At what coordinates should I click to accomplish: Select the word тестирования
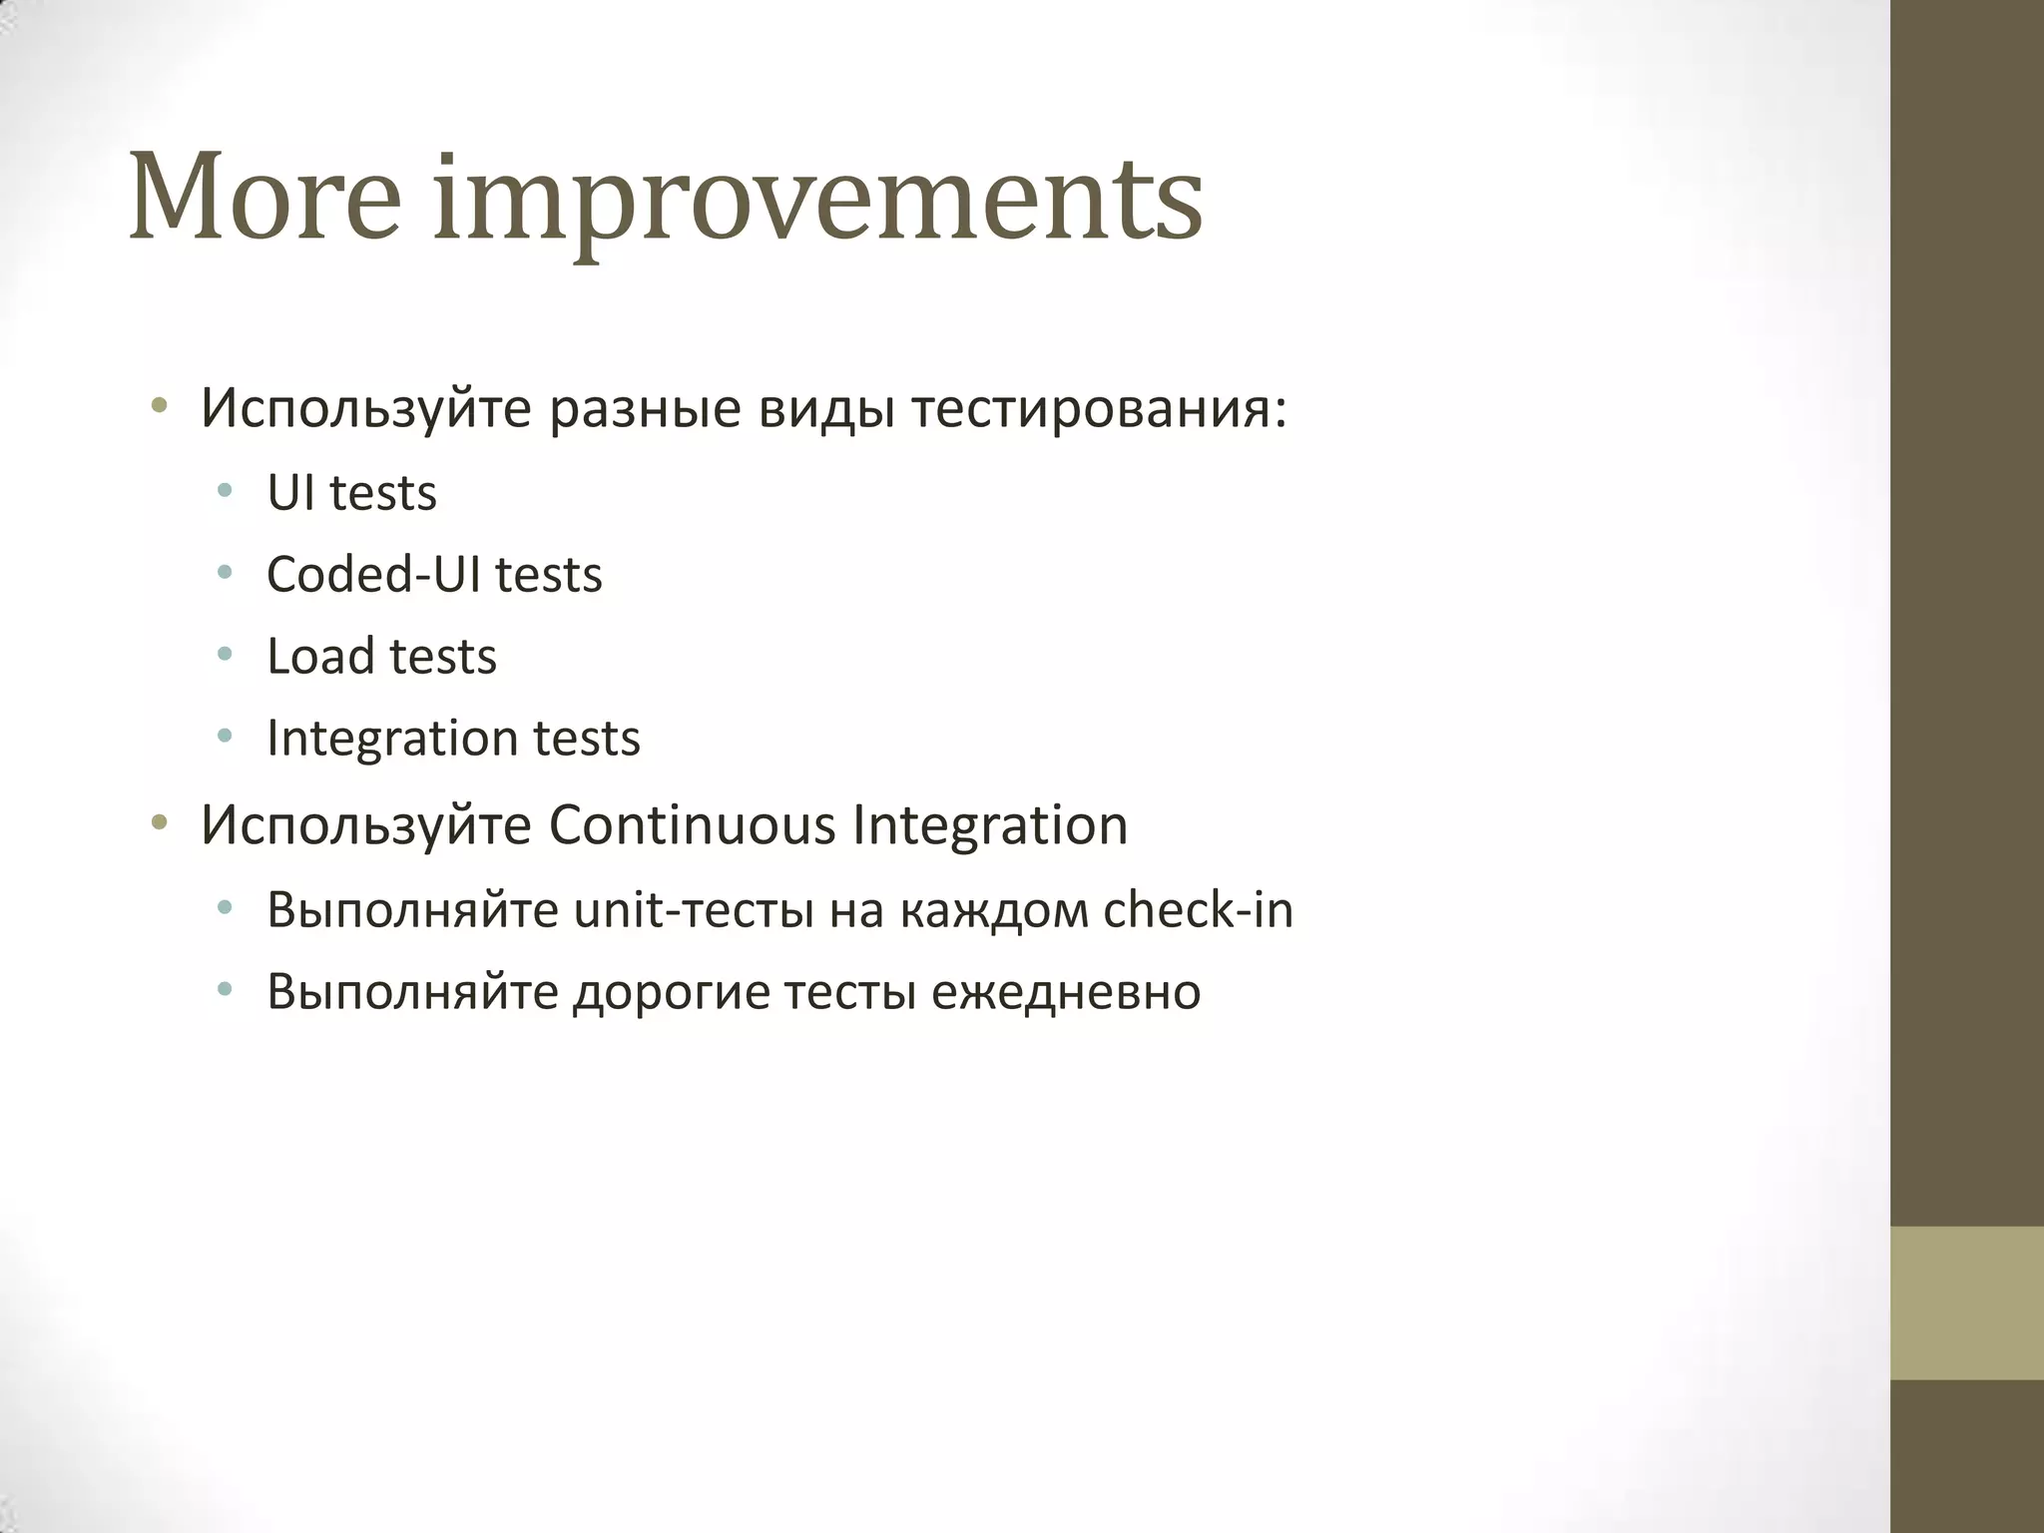(x=1099, y=410)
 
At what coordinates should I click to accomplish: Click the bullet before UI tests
(x=225, y=490)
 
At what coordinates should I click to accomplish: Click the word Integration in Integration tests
(x=391, y=739)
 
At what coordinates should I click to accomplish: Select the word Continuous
(x=692, y=825)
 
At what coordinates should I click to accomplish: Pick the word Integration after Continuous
(x=990, y=825)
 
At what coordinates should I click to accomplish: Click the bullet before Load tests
(x=225, y=654)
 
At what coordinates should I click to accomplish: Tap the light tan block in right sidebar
(x=1967, y=1303)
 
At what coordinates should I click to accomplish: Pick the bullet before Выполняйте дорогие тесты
(x=225, y=989)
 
